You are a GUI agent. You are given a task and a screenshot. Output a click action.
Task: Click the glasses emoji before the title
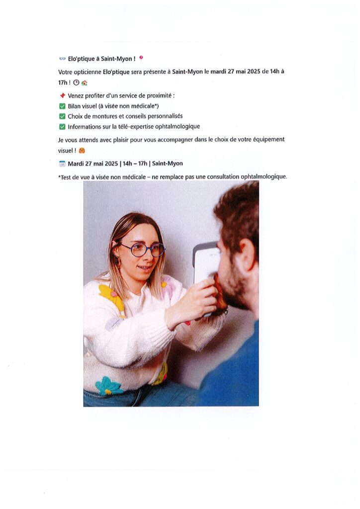[62, 59]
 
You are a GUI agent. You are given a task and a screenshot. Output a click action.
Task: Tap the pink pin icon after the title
[141, 58]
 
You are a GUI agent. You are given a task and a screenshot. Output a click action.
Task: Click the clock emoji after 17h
[76, 83]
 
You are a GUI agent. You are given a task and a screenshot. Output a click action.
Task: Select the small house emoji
[85, 83]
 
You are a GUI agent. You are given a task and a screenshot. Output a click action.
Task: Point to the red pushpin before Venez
[63, 95]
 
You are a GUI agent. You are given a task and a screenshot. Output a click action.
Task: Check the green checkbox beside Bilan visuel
[62, 106]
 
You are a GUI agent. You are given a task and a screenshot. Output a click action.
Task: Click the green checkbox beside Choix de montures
[62, 116]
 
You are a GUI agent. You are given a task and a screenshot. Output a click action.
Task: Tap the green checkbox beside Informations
[62, 127]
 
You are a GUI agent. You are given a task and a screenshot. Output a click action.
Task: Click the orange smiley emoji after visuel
[82, 150]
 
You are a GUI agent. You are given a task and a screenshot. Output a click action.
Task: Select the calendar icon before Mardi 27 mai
[62, 164]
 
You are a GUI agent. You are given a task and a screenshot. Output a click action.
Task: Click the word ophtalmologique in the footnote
[264, 177]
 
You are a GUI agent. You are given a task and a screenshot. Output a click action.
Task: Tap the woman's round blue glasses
[143, 250]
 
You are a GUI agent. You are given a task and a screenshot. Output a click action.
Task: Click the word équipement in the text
[268, 140]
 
